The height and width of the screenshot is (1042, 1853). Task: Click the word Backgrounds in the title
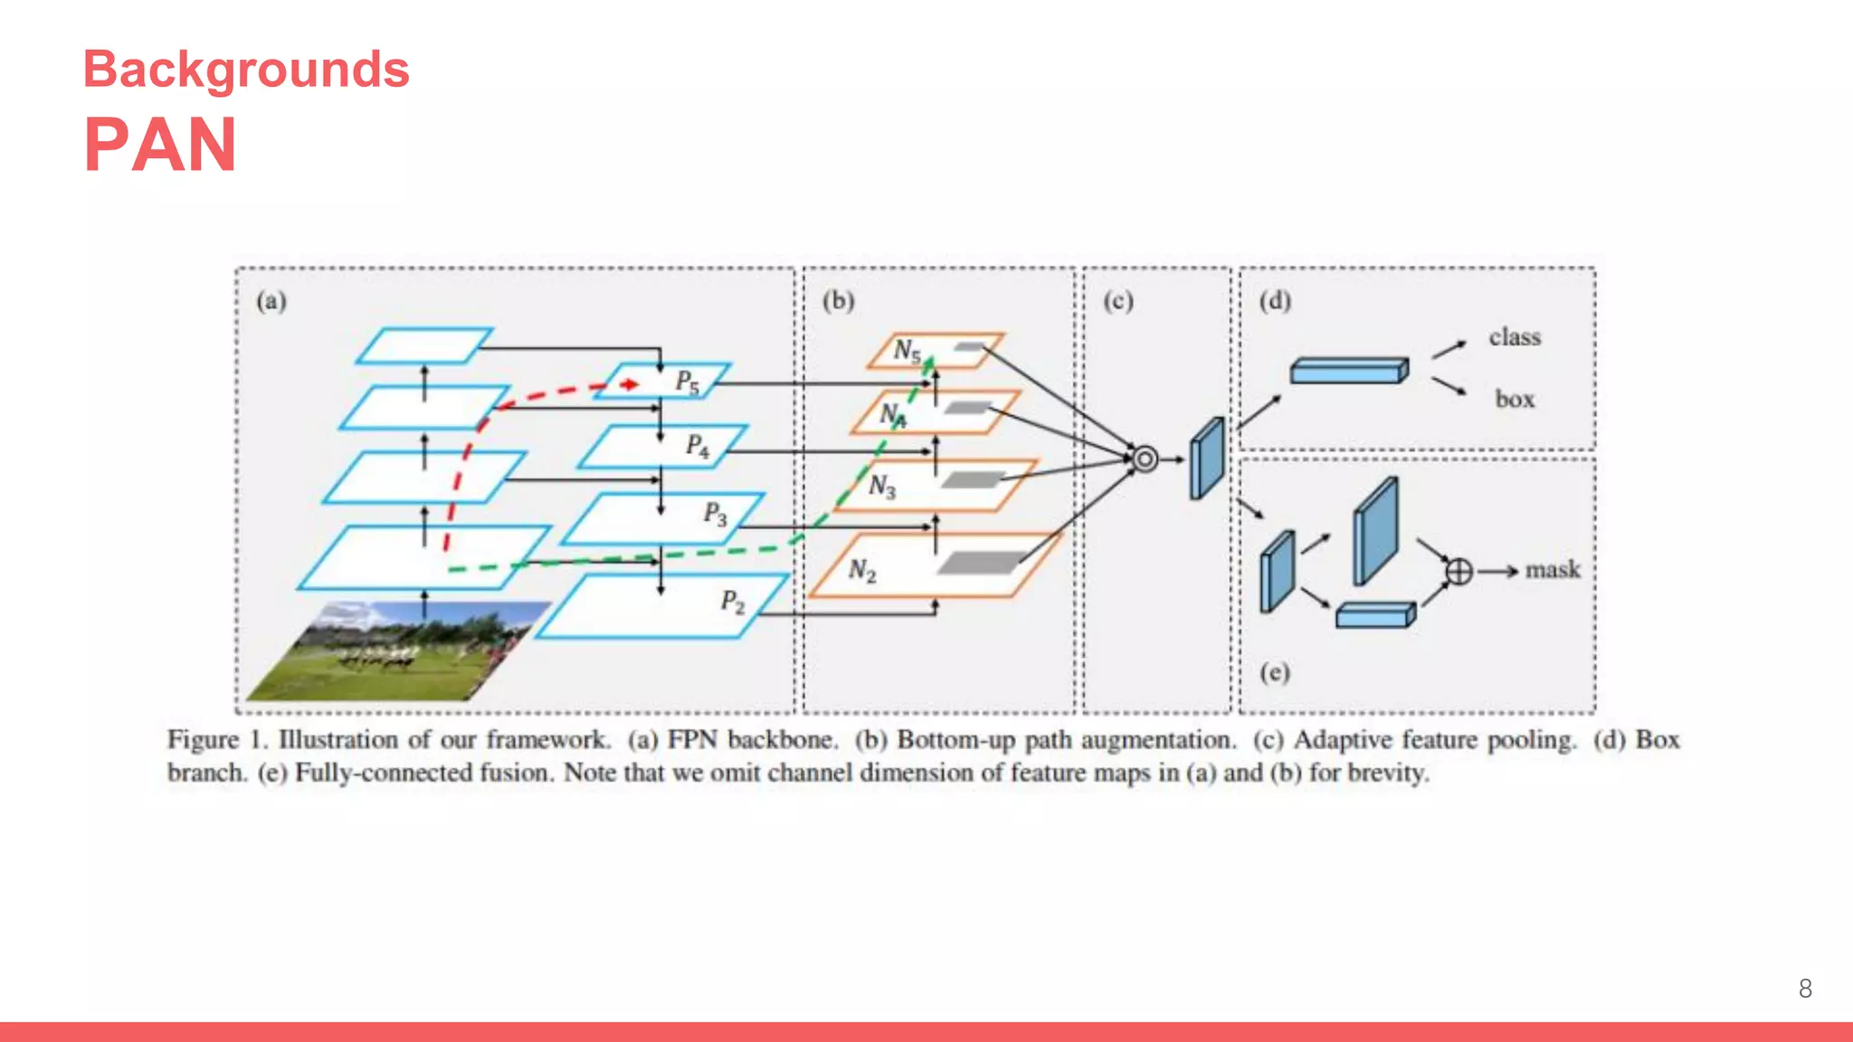[x=246, y=71]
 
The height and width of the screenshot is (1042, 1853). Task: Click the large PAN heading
[x=160, y=145]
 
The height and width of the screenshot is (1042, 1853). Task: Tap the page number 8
[x=1805, y=989]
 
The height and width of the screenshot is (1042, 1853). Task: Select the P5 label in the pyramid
[x=688, y=383]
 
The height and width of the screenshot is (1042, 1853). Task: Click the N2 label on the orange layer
[x=862, y=571]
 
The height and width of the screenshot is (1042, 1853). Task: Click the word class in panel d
[x=1515, y=337]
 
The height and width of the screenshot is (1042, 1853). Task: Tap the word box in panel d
[x=1515, y=399]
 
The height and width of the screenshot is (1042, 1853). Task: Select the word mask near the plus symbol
[x=1553, y=570]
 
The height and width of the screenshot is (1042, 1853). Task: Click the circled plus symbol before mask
[x=1459, y=571]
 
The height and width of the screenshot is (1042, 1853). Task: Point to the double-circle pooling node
[x=1145, y=459]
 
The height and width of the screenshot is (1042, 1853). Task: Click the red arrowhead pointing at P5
[x=631, y=384]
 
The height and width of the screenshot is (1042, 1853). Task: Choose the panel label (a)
[x=271, y=301]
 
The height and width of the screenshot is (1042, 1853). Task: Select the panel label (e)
[x=1275, y=672]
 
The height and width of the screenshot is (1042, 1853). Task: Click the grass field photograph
[x=398, y=651]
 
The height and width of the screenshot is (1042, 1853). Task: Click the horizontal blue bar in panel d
[x=1348, y=371]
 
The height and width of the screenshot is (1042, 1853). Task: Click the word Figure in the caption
[x=203, y=740]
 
